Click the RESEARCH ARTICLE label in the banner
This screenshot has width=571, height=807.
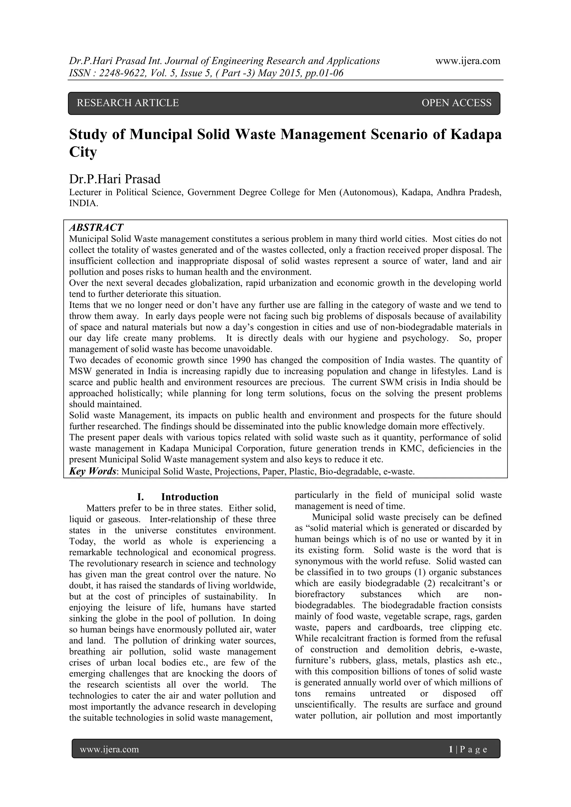128,103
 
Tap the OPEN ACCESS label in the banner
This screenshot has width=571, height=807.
456,103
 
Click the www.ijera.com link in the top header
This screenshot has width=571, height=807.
468,61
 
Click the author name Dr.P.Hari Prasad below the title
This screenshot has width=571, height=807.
115,179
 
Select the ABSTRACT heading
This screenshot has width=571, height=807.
96,227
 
